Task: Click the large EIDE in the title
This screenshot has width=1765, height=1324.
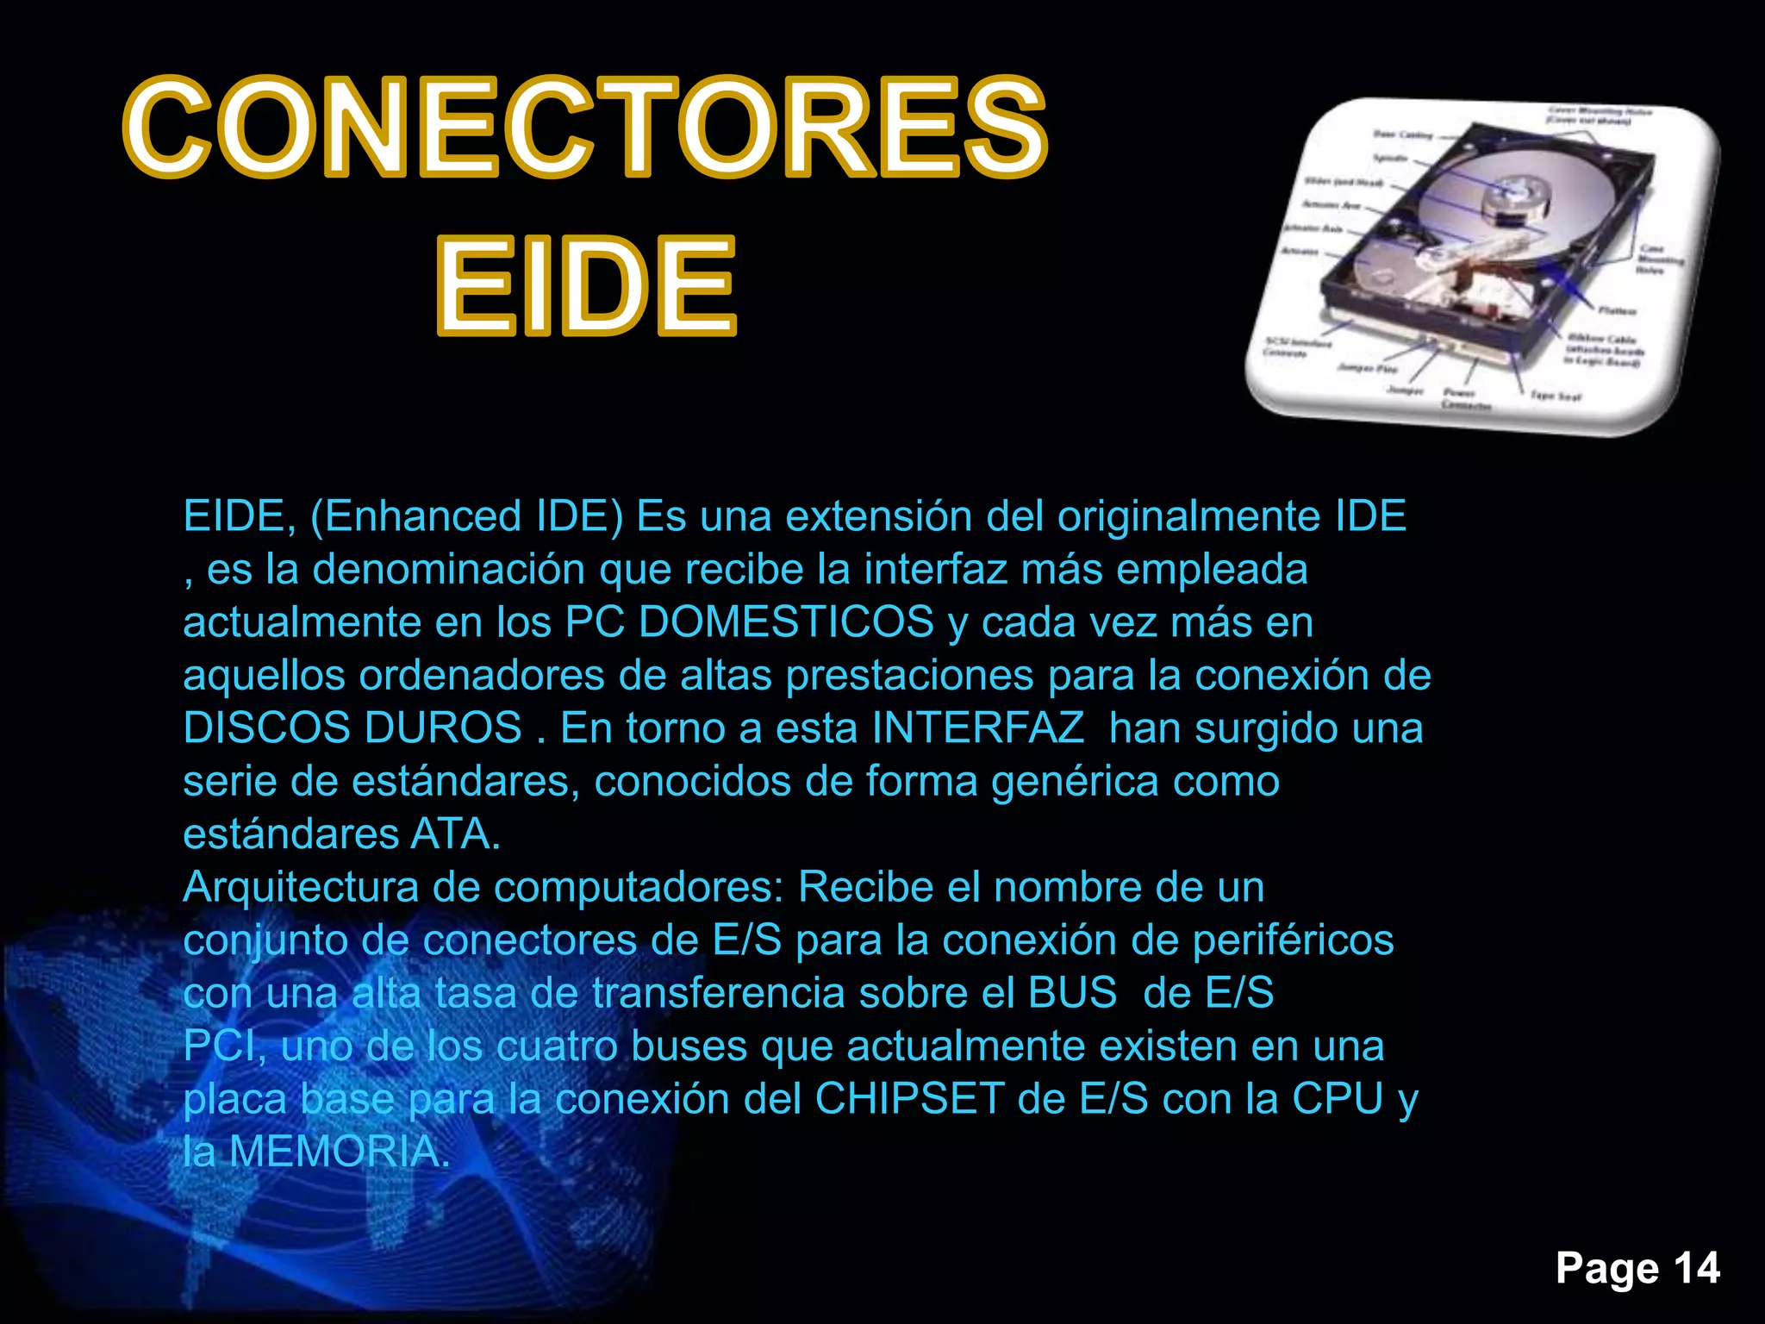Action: tap(586, 287)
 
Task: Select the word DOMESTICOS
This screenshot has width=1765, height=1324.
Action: tap(786, 622)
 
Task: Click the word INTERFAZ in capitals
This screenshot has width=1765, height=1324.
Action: tap(977, 728)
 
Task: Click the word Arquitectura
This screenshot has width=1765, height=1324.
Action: tap(301, 887)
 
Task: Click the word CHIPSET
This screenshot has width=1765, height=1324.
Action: tap(909, 1099)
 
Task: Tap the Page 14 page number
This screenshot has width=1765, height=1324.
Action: tap(1637, 1268)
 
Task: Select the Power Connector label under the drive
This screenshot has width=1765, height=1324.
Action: tap(1466, 398)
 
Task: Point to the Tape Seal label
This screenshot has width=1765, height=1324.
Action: tap(1556, 397)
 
